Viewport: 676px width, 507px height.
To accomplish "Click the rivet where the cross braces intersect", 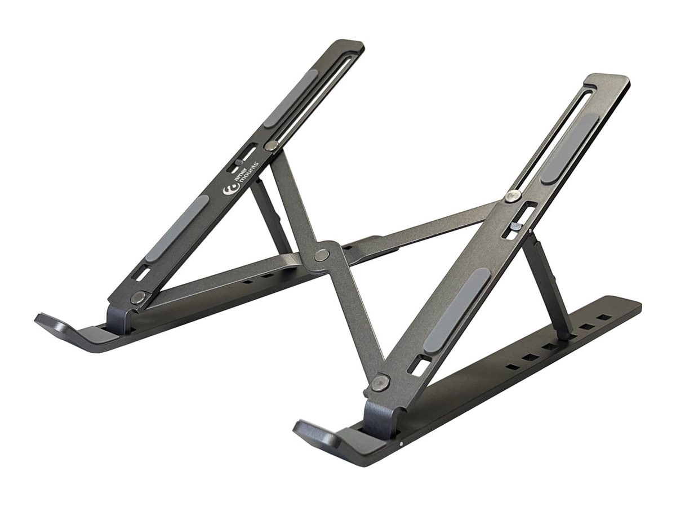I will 322,254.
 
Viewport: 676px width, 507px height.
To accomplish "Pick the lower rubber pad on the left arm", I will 176,228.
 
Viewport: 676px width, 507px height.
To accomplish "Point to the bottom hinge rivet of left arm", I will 138,297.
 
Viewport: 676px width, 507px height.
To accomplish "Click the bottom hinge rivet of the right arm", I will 380,383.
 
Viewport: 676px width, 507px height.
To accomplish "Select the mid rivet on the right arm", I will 512,195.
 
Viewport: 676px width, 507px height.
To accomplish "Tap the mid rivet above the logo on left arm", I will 272,145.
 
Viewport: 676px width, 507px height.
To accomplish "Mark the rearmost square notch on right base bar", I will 604,317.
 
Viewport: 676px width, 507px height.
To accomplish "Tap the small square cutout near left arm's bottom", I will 143,273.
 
